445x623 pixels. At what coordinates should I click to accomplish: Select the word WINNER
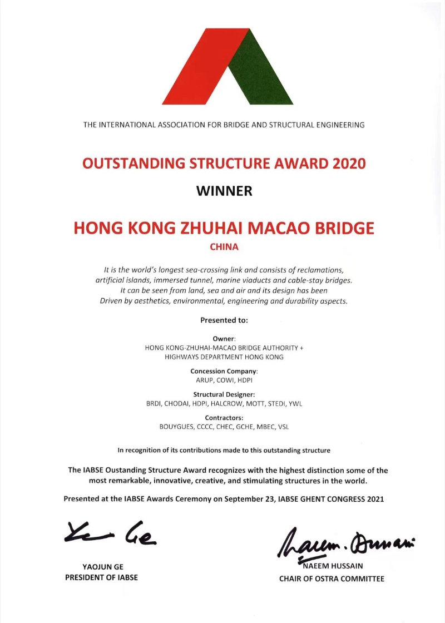point(224,191)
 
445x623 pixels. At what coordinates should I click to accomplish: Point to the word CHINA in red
point(224,246)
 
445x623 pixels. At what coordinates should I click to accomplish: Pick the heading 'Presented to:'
point(224,320)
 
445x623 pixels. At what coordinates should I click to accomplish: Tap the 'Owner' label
point(224,338)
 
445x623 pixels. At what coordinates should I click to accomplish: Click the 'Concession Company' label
point(224,371)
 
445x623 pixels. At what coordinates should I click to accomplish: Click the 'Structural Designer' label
point(224,394)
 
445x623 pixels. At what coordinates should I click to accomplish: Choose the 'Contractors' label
point(224,418)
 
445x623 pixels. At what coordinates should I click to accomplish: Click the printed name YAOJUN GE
point(101,567)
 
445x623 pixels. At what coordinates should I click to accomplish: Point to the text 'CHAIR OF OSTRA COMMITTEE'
point(332,578)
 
